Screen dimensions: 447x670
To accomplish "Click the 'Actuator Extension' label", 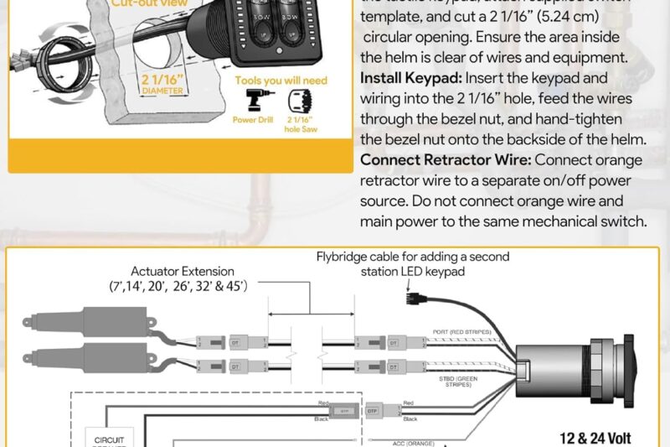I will [183, 272].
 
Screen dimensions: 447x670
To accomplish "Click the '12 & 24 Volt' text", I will [600, 436].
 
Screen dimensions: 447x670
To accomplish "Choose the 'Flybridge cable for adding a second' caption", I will [412, 257].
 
